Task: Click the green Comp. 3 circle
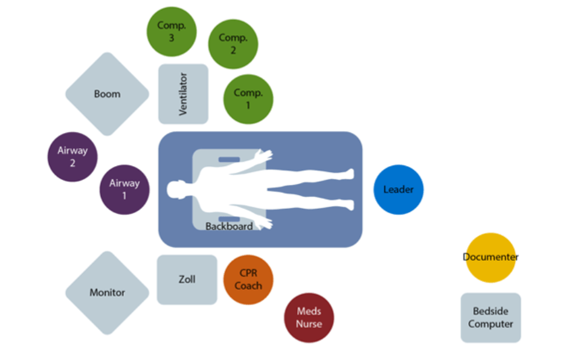click(172, 32)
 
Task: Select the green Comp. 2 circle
click(233, 44)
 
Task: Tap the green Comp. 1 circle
click(248, 99)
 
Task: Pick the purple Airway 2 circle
click(72, 157)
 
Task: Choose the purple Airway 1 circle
click(124, 190)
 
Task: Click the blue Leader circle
click(399, 190)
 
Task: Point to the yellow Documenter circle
click(490, 257)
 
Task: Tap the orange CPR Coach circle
click(248, 280)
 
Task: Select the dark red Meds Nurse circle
click(309, 318)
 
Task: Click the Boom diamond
click(108, 94)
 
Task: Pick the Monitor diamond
click(108, 293)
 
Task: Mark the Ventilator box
click(183, 94)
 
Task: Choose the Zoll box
click(187, 280)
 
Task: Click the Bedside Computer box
click(490, 318)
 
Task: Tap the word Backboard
click(229, 227)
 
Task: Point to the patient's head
click(178, 190)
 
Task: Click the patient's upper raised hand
click(263, 156)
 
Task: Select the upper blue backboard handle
click(229, 159)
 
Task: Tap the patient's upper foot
click(348, 174)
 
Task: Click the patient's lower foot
click(348, 205)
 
